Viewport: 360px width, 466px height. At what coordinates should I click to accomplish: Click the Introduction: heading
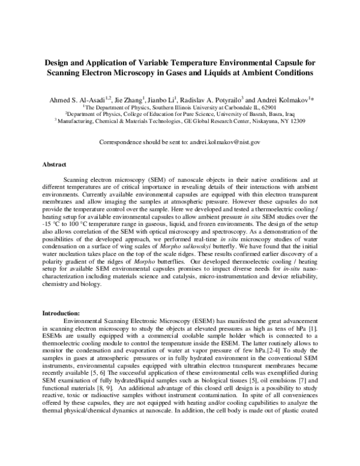62,313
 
